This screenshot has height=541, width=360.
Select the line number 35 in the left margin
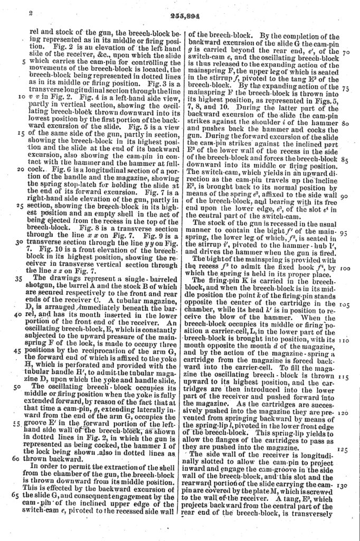(x=22, y=276)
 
